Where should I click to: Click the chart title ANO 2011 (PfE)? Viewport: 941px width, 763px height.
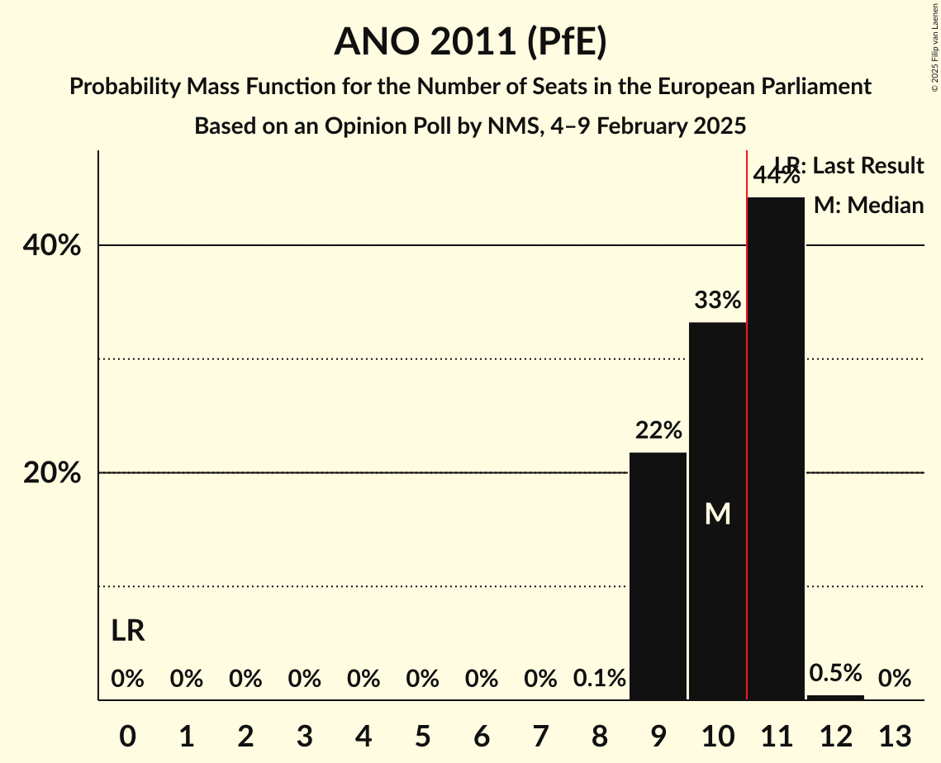tap(470, 41)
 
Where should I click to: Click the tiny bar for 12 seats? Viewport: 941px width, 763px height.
tap(835, 697)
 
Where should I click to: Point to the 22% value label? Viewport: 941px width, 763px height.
tap(658, 430)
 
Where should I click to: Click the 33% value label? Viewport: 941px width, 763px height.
tap(717, 301)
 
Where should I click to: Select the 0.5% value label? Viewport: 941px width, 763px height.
tap(835, 672)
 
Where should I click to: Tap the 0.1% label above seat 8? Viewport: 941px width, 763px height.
tap(599, 679)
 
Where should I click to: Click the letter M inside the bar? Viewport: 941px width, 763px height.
tap(717, 514)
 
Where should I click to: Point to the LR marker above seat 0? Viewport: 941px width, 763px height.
tap(128, 632)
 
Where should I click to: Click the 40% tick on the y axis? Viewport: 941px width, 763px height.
tap(52, 246)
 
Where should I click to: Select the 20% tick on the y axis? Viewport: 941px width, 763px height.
tap(52, 473)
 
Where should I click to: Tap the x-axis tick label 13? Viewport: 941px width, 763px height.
tap(894, 735)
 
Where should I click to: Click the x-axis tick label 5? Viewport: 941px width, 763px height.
tap(422, 735)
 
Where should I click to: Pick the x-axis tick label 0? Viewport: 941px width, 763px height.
tap(127, 735)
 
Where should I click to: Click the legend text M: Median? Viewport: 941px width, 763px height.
tap(868, 206)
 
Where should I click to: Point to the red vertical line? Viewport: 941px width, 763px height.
tap(747, 495)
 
